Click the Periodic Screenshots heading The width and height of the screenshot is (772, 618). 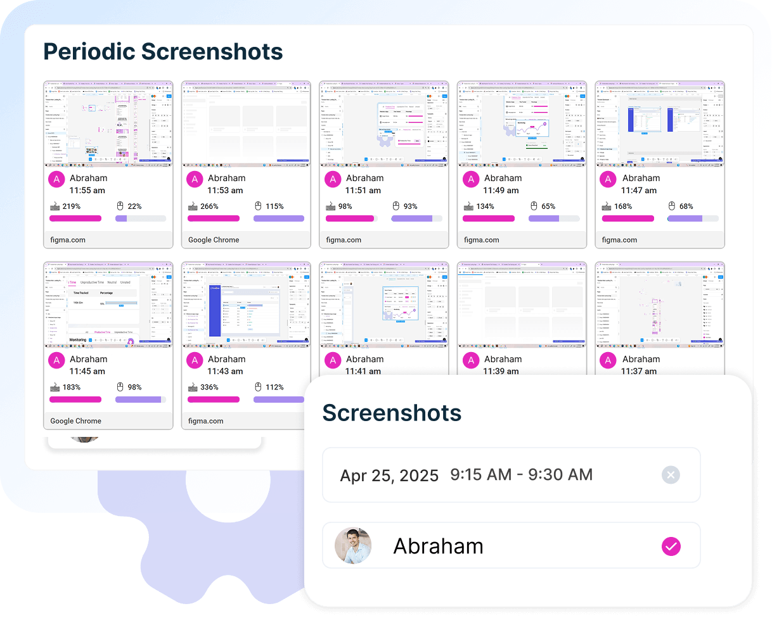163,51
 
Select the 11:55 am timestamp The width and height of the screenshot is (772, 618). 87,190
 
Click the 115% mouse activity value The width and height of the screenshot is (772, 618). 274,206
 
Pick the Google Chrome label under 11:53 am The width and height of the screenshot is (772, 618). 214,240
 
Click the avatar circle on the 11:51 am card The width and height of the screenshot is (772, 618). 333,179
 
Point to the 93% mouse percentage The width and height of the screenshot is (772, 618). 410,206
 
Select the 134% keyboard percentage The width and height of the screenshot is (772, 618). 485,206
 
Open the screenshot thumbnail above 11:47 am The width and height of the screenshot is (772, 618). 659,123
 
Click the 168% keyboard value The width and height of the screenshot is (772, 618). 623,206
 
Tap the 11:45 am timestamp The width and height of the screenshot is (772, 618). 87,371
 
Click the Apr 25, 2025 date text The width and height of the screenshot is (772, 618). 389,476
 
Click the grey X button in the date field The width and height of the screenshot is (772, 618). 671,475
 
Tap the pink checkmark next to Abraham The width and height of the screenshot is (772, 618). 671,546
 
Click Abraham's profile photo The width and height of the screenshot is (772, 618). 353,545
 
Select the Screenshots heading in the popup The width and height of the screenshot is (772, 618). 392,413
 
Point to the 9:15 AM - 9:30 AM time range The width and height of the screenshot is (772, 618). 521,475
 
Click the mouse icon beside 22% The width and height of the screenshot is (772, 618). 120,206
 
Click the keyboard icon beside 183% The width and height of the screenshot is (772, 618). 55,388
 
